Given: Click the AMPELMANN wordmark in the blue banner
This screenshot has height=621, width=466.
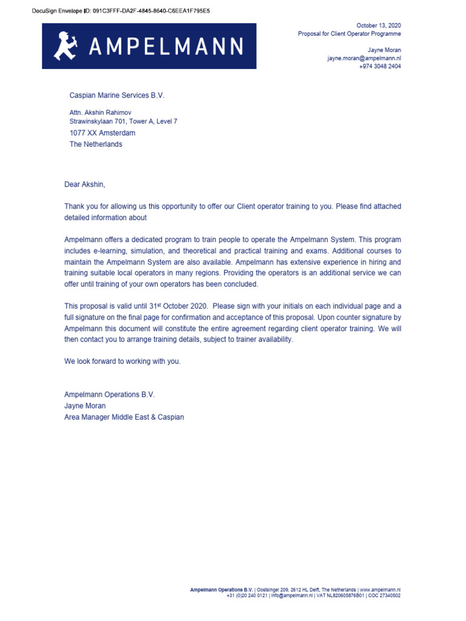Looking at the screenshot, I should click(166, 47).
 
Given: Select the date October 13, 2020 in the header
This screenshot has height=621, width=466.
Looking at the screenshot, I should click(378, 25).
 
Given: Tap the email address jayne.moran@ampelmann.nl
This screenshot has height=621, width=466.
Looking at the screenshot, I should click(364, 58).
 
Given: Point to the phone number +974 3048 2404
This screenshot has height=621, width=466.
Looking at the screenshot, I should click(380, 67).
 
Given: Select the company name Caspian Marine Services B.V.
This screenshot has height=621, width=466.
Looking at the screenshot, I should click(117, 95).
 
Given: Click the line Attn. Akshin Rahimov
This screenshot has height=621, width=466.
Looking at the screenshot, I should click(100, 113).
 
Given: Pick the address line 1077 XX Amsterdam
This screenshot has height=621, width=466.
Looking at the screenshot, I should click(103, 133).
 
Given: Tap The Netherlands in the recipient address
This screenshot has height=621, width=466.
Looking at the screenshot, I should click(96, 144).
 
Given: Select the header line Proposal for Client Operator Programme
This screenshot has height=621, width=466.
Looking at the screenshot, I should click(349, 34).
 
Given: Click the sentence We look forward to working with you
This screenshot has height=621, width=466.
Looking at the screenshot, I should click(123, 361).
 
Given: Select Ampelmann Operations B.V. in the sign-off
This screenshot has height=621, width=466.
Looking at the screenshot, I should click(109, 394).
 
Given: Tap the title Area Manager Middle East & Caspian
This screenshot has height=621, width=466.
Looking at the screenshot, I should click(124, 417).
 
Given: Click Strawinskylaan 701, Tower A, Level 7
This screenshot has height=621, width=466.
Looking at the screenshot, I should click(123, 121).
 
